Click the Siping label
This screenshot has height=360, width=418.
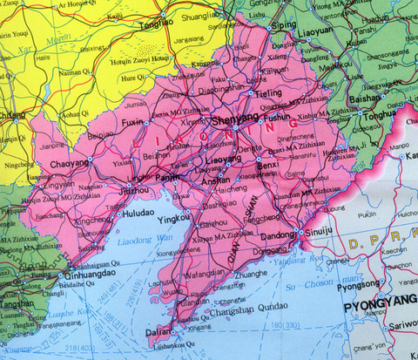284,26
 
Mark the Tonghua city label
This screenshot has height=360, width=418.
379,114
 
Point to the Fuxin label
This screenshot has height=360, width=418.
131,124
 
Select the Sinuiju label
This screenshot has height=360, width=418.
322,234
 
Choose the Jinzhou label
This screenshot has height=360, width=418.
133,188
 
